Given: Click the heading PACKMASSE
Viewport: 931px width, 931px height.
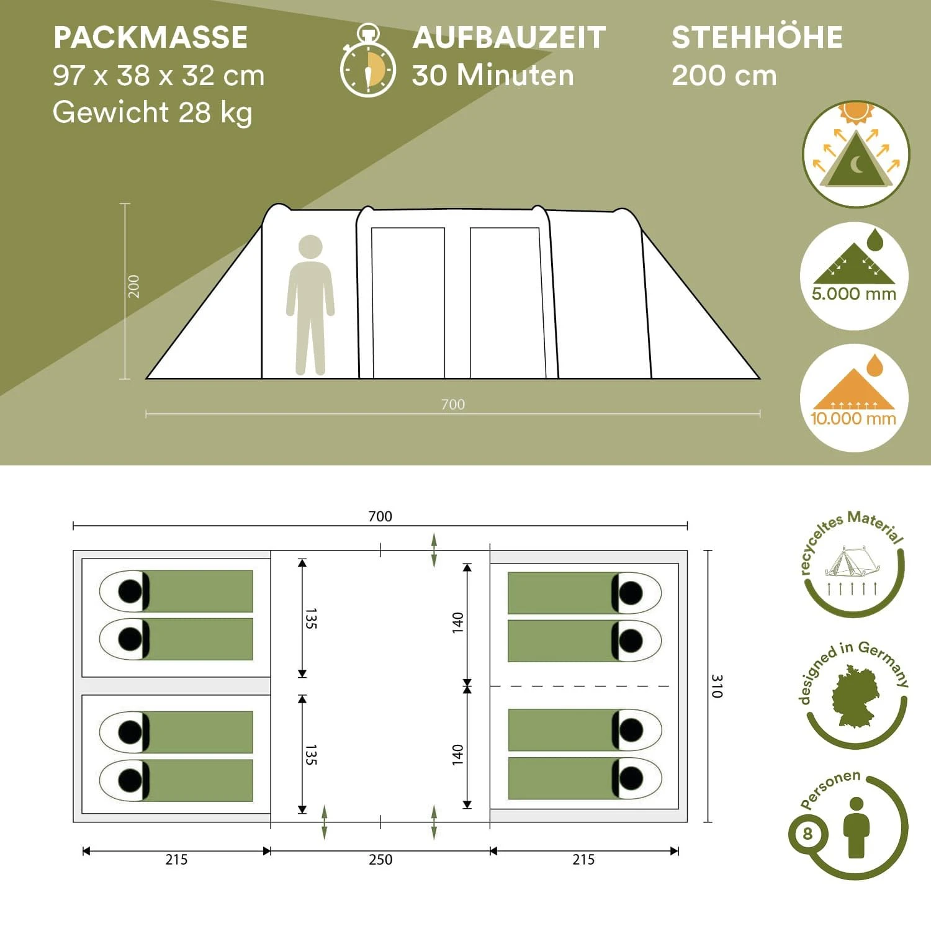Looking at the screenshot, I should tap(150, 37).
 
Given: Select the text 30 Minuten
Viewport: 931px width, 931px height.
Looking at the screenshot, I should tap(493, 75).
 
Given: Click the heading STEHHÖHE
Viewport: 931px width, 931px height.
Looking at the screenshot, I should tap(757, 37).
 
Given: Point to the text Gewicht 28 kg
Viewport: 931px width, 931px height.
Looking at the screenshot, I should tap(152, 112).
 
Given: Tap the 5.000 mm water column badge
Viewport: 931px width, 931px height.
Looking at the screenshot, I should tap(854, 276).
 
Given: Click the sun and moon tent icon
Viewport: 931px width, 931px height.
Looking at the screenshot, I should tap(856, 154).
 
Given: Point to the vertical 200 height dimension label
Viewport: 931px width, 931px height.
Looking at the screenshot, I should tap(133, 286).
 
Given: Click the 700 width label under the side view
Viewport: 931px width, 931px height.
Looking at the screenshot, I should tap(452, 405).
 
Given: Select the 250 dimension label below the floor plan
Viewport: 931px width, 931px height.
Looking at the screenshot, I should tap(380, 860).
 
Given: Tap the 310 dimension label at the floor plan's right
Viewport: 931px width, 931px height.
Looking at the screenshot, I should tap(717, 686).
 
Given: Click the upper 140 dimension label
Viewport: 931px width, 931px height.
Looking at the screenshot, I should tap(457, 622).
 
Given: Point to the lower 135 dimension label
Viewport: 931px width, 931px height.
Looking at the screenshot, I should tap(311, 755).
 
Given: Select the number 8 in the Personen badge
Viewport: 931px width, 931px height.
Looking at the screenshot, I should tap(807, 834).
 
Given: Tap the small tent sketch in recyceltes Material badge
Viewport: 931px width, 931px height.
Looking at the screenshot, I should tap(850, 562).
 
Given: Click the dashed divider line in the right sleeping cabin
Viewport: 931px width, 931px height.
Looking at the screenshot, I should tap(580, 686).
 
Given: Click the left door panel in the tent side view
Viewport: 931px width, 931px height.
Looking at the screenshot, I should tap(408, 302).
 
